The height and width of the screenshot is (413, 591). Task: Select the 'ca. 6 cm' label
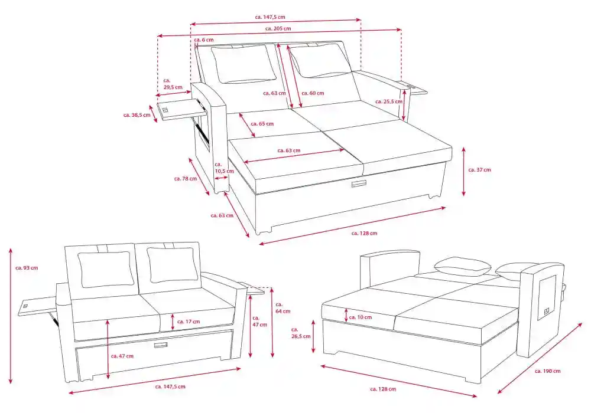tap(204, 40)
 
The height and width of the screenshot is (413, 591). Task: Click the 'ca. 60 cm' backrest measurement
tap(313, 93)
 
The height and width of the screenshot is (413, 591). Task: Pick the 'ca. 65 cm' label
tap(262, 124)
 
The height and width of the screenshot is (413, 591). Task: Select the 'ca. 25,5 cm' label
tap(387, 101)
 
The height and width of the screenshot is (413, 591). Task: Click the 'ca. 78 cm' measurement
tap(185, 178)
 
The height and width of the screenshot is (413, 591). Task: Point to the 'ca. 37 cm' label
tap(479, 170)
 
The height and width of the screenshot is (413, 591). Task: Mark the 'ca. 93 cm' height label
tap(27, 268)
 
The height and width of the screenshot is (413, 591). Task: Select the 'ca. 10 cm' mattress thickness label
tap(360, 317)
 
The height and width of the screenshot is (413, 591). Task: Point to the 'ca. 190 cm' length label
tap(547, 371)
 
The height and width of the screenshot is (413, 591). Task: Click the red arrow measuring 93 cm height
tap(11, 316)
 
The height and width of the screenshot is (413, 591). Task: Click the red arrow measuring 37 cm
tap(464, 171)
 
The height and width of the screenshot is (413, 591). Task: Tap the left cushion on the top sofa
tap(243, 64)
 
